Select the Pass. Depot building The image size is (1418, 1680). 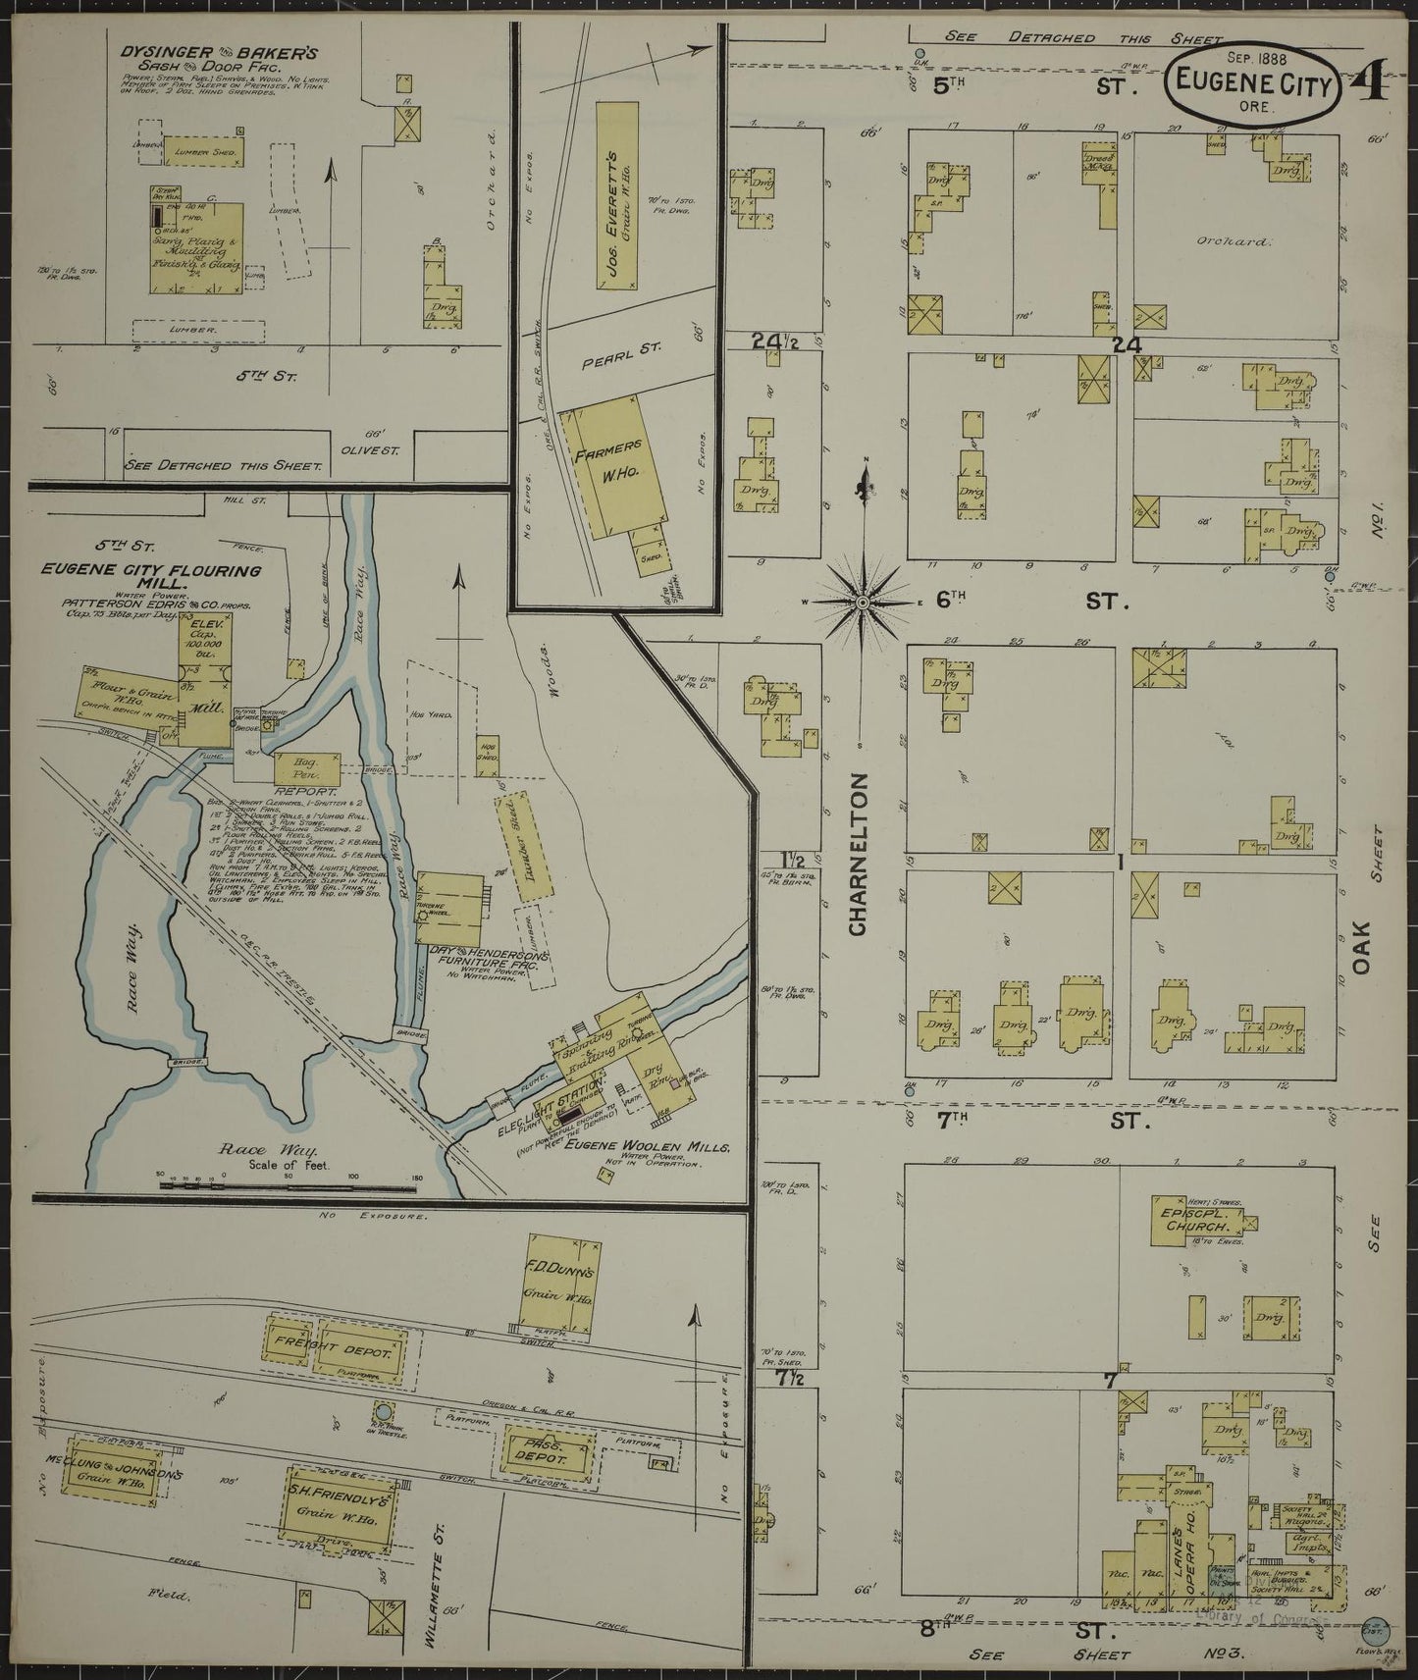(550, 1459)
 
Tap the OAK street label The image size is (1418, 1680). (1359, 952)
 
